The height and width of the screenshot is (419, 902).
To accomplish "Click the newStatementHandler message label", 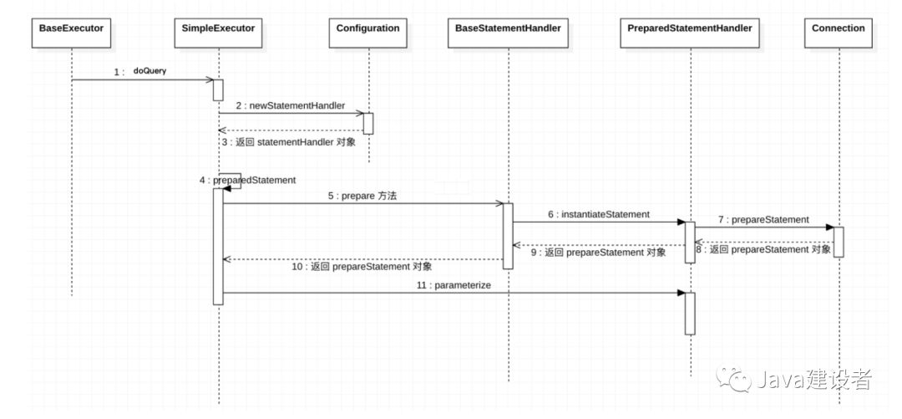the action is point(291,105).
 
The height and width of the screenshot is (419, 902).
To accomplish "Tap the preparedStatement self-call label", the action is point(248,181).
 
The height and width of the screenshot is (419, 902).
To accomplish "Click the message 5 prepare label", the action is point(362,196).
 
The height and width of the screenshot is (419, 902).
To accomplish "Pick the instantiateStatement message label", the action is point(598,214).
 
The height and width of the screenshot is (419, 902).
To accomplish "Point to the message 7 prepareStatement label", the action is point(763,220).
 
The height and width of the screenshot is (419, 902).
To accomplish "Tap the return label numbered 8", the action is point(763,249).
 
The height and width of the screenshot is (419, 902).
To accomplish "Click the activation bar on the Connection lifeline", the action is point(839,242).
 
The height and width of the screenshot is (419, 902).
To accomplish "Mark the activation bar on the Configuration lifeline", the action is point(368,124).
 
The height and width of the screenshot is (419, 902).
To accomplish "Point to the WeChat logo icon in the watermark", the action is point(733,379).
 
